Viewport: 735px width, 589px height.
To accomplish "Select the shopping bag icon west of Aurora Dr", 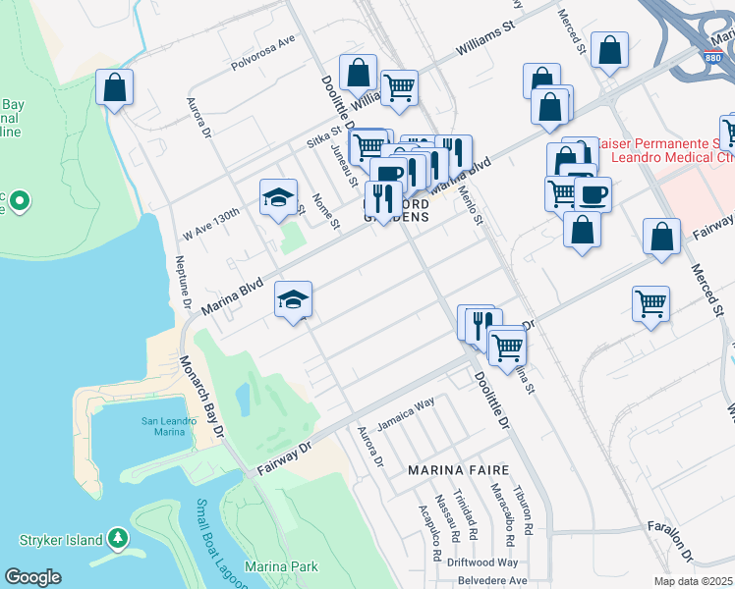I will (115, 87).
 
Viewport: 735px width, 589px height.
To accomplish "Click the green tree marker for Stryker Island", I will (119, 538).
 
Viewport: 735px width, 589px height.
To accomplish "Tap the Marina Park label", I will (281, 566).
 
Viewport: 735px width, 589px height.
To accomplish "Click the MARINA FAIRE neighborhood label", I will (458, 470).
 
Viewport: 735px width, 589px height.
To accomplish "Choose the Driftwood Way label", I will (479, 562).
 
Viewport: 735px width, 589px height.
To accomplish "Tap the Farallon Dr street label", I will (679, 527).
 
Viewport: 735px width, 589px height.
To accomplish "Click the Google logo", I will (32, 577).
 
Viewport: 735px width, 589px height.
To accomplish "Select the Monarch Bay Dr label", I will (201, 398).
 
